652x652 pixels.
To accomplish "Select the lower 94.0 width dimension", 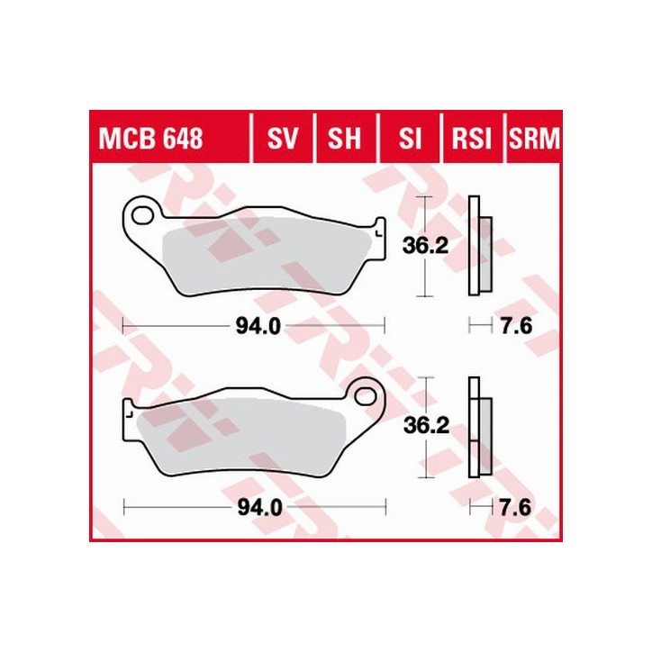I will pos(253,508).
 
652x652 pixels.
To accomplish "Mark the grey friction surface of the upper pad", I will pos(261,253).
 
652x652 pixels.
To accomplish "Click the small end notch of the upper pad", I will pos(379,226).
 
